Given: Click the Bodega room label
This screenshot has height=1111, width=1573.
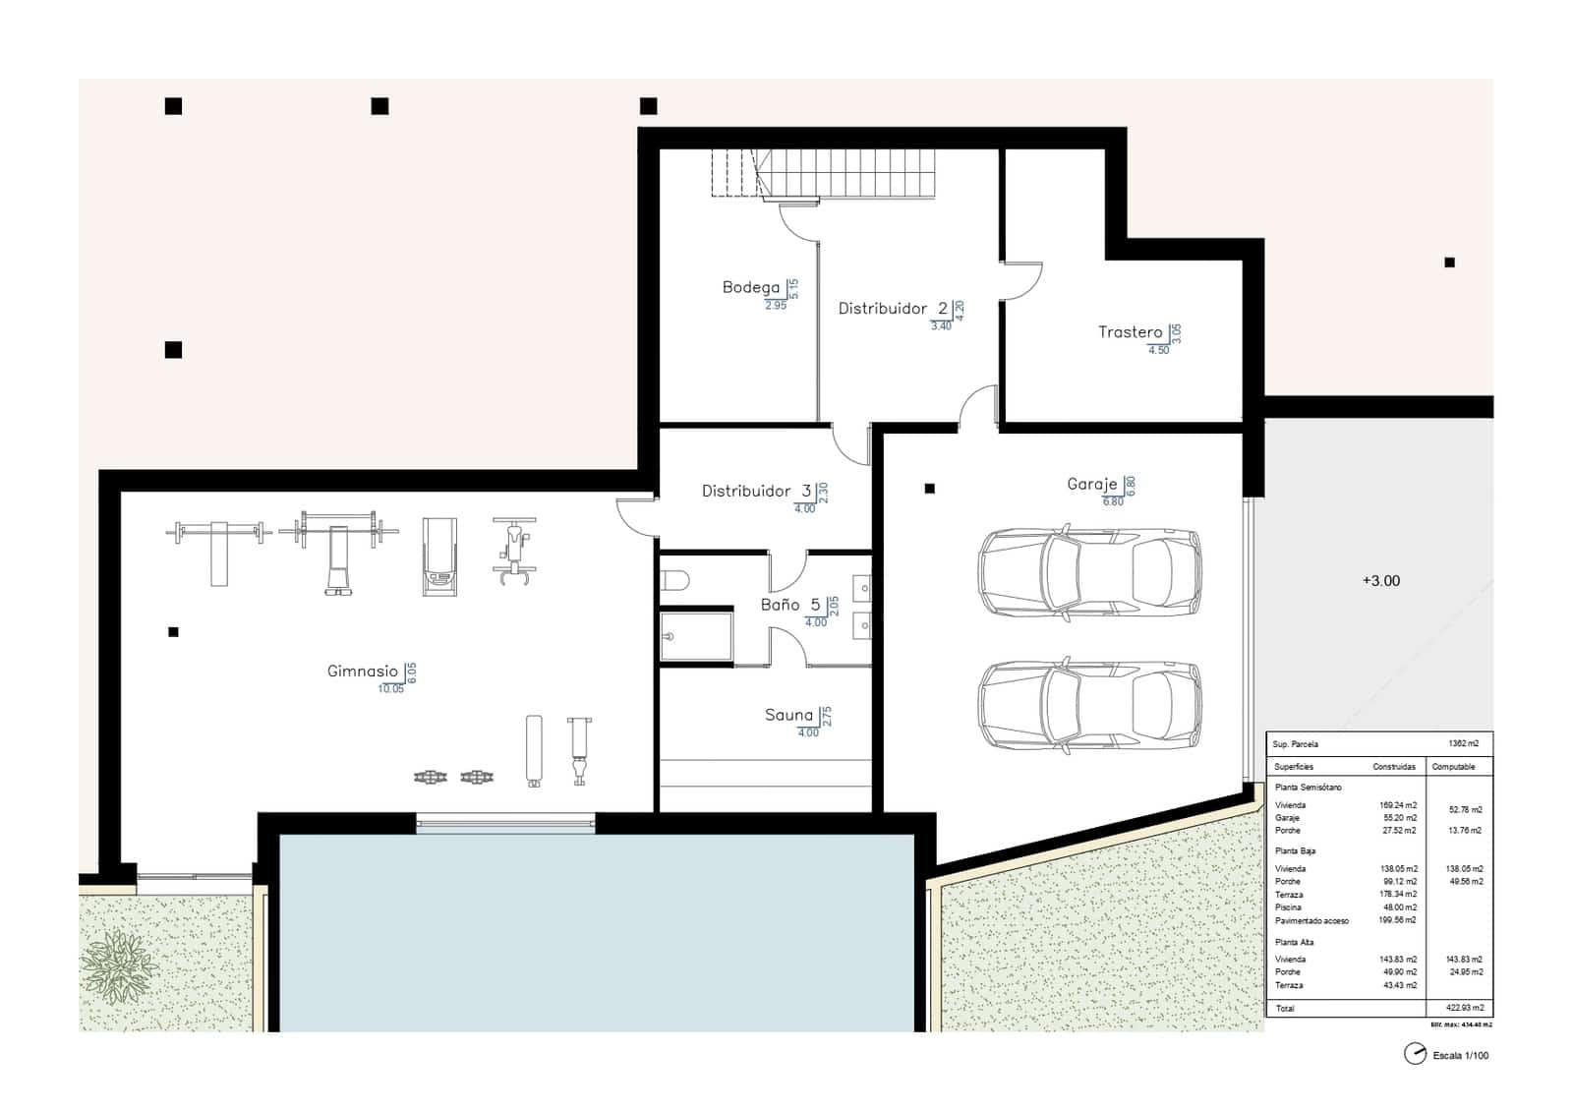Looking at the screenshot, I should pyautogui.click(x=750, y=287).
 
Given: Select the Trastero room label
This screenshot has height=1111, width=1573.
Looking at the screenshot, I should pyautogui.click(x=1130, y=332).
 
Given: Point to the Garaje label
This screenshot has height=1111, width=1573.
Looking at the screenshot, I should pyautogui.click(x=1091, y=484).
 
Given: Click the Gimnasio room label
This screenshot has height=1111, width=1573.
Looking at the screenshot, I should pyautogui.click(x=362, y=672).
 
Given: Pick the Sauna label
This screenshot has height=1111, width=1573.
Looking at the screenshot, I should pyautogui.click(x=788, y=715).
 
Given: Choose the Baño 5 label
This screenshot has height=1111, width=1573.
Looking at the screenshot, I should pyautogui.click(x=789, y=605).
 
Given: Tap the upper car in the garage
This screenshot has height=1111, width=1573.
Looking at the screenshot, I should pyautogui.click(x=1089, y=573).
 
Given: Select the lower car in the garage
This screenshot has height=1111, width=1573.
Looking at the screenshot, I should pyautogui.click(x=1089, y=705).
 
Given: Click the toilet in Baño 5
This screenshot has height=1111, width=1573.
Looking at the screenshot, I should pyautogui.click(x=675, y=579).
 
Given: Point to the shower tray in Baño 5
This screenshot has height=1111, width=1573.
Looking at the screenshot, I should pyautogui.click(x=697, y=635).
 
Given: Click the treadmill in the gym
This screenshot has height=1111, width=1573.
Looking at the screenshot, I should pyautogui.click(x=439, y=556).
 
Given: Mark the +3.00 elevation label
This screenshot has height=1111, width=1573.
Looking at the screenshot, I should pyautogui.click(x=1380, y=581).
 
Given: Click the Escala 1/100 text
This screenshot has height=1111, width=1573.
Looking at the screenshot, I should pyautogui.click(x=1460, y=1056).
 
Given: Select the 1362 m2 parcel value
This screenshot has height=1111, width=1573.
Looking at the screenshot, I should pyautogui.click(x=1463, y=744).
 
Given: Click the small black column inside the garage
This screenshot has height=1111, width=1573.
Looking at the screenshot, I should pyautogui.click(x=929, y=488).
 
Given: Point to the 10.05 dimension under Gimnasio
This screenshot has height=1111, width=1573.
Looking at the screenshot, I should pyautogui.click(x=390, y=689).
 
